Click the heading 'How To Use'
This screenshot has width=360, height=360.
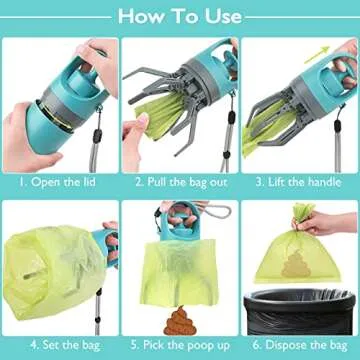180,16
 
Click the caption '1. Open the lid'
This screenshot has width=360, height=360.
59,182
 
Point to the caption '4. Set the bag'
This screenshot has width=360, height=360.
59,346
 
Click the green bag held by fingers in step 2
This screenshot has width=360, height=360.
147,127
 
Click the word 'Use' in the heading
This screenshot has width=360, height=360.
218,16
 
